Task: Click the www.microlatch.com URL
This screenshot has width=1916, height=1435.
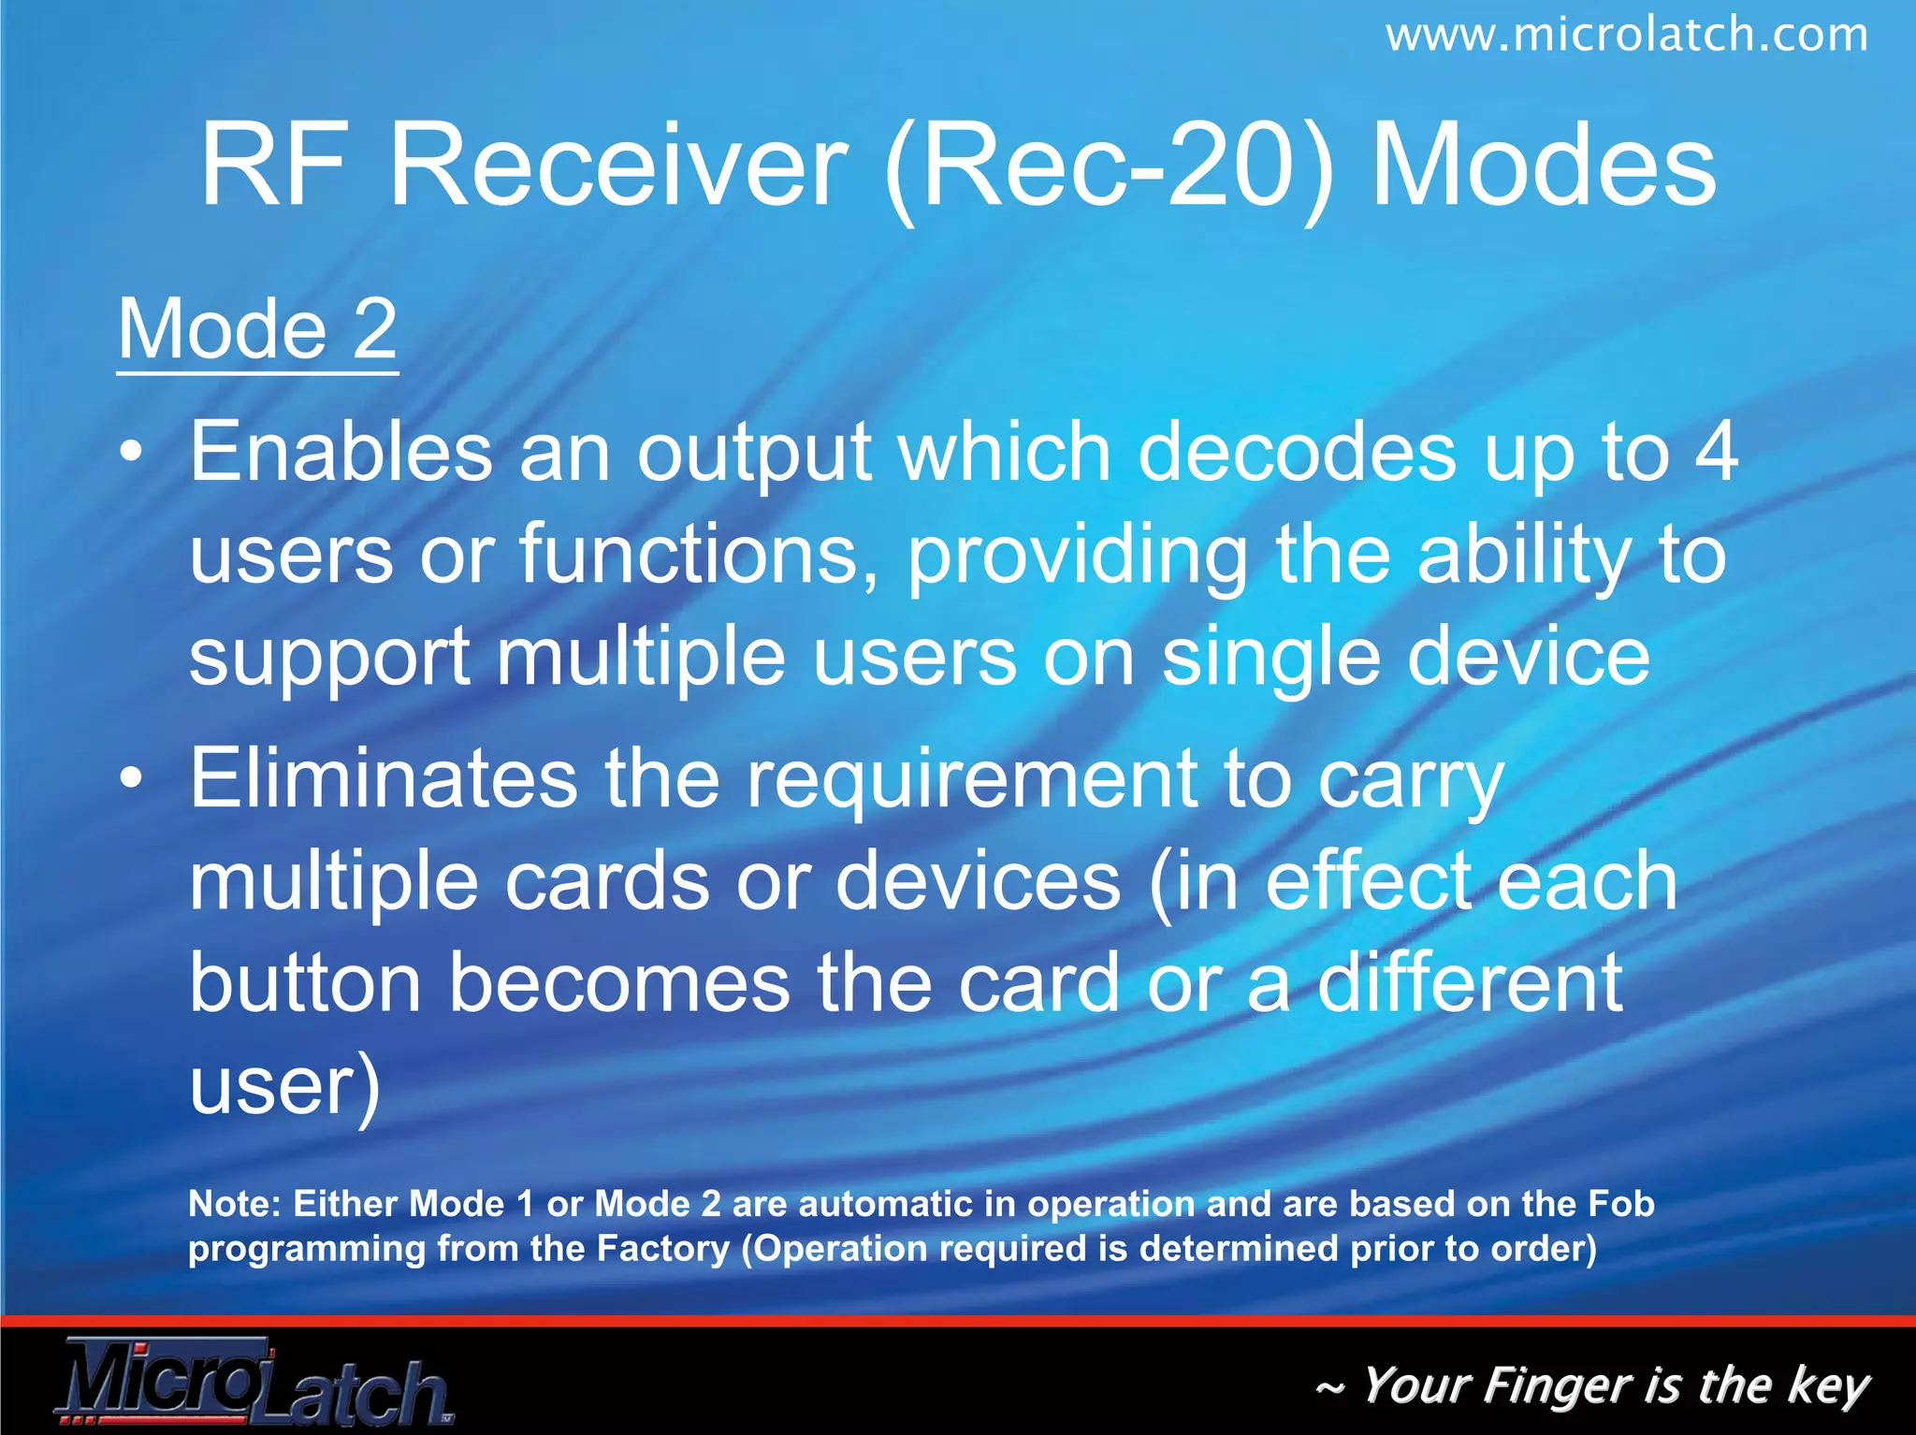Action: [1626, 36]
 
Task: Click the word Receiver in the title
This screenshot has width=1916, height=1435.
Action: [617, 167]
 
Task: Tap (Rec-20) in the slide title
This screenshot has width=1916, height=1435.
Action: [1110, 168]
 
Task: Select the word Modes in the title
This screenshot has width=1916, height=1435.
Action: [1544, 167]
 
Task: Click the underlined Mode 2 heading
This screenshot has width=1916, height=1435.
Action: [257, 329]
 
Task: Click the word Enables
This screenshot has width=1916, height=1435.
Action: [341, 452]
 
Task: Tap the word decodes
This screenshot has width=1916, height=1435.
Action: [1297, 452]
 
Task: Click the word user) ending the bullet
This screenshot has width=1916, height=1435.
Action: [284, 1085]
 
